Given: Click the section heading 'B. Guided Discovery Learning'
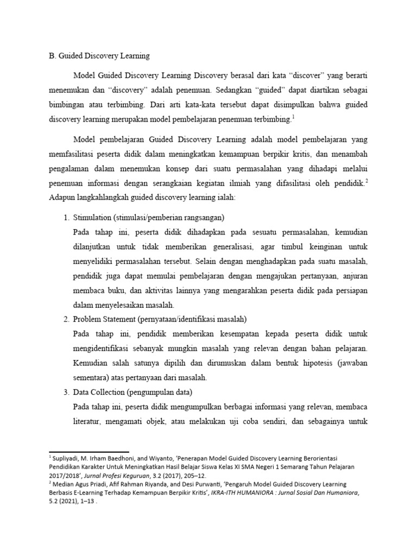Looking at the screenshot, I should (99, 55).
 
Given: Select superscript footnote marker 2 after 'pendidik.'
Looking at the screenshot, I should (367, 182).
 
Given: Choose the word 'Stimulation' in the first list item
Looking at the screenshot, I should (92, 217).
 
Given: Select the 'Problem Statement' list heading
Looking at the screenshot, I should (104, 319).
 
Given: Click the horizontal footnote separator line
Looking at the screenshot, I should (89, 451).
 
